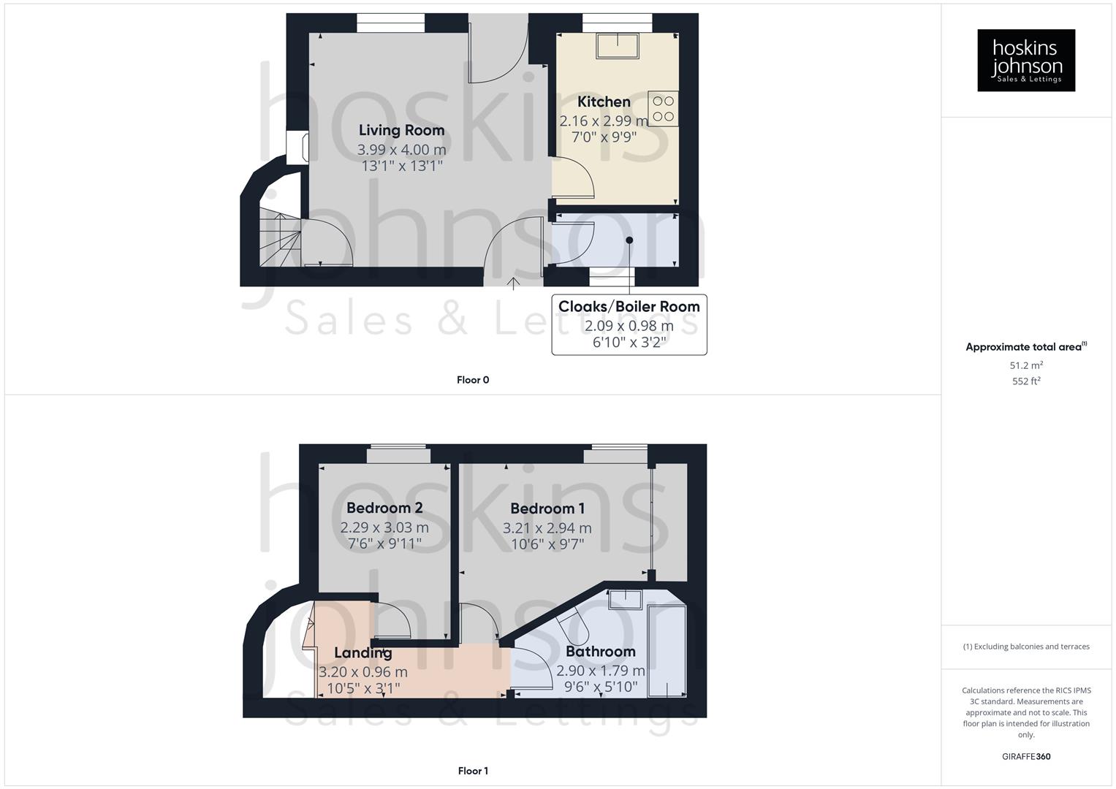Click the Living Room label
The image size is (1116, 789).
coord(401,130)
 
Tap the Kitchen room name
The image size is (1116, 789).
coord(604,102)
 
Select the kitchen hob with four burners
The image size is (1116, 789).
coord(663,108)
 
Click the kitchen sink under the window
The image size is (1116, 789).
coord(618,46)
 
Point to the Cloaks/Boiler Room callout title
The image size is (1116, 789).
coord(629,307)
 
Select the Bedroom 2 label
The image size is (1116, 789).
coord(384,508)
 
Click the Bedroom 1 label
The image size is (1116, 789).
coord(547,508)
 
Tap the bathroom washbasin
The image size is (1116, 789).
coord(626,599)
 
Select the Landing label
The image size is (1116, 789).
coord(363,652)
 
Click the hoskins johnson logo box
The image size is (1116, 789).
coord(1025,60)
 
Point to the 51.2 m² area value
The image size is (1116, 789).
coord(1026,365)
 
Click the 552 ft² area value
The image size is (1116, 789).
coord(1026,381)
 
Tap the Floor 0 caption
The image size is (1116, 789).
coord(473,380)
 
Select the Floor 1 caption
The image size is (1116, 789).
coord(473,771)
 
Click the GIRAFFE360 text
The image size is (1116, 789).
coord(1026,757)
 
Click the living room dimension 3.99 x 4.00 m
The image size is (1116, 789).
coord(401,150)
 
